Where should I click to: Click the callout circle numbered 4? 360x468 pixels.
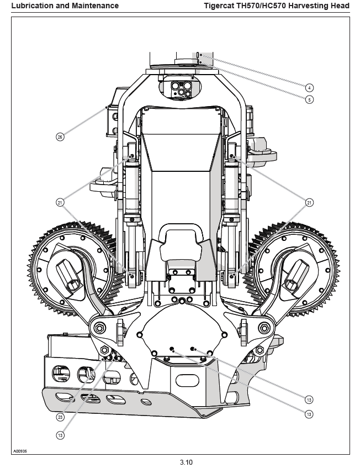[309, 88]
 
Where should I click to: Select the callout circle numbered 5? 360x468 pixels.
[309, 99]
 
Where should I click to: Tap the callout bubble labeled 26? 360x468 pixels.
[60, 137]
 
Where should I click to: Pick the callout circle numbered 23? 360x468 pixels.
[60, 417]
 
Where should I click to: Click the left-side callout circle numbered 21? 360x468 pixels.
[60, 203]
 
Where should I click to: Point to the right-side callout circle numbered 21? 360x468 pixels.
[309, 203]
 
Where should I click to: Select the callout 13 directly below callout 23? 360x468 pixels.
[60, 435]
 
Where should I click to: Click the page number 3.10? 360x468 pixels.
[186, 462]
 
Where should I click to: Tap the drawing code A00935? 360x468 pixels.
[20, 451]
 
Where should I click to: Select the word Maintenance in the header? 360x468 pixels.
[97, 6]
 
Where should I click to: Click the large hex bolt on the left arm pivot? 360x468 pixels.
[99, 328]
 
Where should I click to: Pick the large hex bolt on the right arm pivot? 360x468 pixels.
[264, 328]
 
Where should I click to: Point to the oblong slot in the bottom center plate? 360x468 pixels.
[187, 381]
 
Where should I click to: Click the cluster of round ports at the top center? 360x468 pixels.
[181, 89]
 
